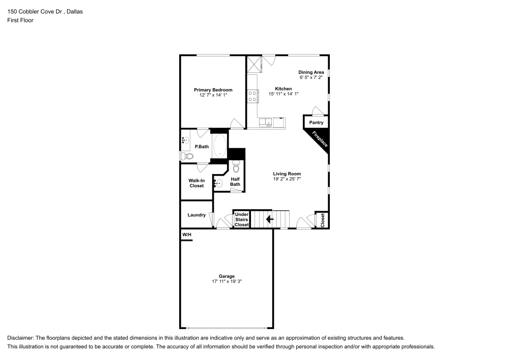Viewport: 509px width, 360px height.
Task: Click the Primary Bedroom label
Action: [x=213, y=90]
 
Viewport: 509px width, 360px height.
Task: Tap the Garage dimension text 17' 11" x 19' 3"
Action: [x=227, y=282]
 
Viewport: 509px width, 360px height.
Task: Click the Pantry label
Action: [x=316, y=123]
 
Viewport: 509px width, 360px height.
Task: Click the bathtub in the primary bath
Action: [x=219, y=146]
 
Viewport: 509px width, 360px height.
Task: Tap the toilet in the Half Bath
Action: [x=236, y=166]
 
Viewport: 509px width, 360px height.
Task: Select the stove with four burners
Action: [x=252, y=96]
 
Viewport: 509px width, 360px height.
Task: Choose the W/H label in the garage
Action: [x=187, y=235]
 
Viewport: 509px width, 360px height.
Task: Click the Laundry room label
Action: [x=196, y=215]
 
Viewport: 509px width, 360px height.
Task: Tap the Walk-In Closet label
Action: [x=196, y=183]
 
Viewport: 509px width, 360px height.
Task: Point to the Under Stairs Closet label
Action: [x=241, y=219]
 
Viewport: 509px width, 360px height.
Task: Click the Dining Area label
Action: [x=310, y=72]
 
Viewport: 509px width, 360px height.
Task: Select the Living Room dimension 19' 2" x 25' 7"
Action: [x=287, y=179]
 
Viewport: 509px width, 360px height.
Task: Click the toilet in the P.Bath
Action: [x=184, y=156]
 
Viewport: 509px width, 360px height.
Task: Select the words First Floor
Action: [x=20, y=20]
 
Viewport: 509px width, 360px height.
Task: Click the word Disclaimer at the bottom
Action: [x=21, y=338]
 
